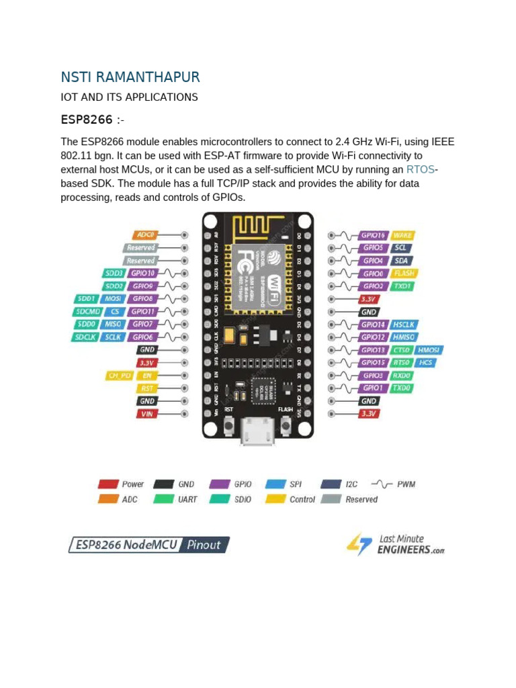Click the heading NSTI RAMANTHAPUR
coord(130,77)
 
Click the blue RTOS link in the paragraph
coord(421,169)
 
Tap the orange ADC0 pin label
coord(144,235)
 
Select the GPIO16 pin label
coord(373,235)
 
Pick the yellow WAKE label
coord(402,235)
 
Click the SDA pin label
coord(402,261)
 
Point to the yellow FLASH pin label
coord(404,273)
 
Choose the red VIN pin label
coord(147,414)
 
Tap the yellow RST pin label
coord(147,388)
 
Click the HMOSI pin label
coord(429,350)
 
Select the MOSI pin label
coord(113,299)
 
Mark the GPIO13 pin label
coord(373,350)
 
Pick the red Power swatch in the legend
coord(108,484)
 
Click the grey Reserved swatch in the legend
coord(331,499)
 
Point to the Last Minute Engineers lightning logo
coord(359,544)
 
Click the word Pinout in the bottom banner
coord(204,545)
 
